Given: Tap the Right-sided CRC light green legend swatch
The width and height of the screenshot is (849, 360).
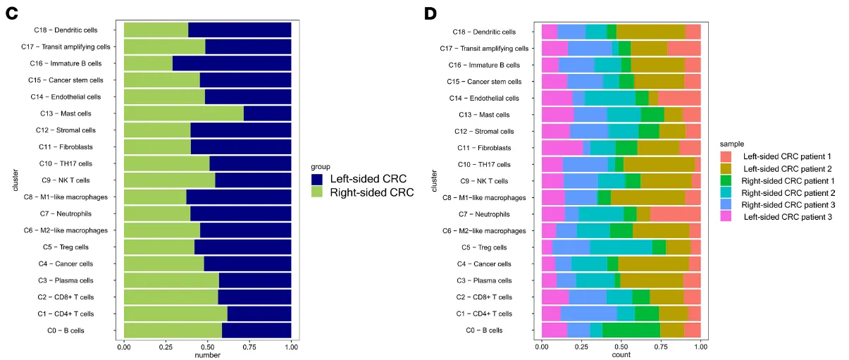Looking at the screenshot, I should [318, 192].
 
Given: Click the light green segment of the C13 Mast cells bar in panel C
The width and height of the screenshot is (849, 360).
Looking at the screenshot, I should [183, 113].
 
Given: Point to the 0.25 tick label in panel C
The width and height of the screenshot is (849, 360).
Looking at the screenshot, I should [166, 346].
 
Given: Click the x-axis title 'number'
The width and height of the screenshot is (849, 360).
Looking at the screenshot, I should [207, 354].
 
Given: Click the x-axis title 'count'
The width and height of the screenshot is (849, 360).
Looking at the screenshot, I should [621, 355].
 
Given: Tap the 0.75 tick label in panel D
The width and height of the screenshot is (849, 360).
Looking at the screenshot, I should [661, 347].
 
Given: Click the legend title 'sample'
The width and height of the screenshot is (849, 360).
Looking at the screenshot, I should [732, 143].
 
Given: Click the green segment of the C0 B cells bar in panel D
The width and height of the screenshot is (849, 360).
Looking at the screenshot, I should [631, 330].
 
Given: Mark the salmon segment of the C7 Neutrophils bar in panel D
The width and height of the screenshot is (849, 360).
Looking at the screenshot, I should [675, 214].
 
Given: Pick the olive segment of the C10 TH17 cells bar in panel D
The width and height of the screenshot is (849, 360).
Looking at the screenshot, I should [659, 164].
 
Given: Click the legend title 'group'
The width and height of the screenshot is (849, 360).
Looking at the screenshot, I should [321, 167].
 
